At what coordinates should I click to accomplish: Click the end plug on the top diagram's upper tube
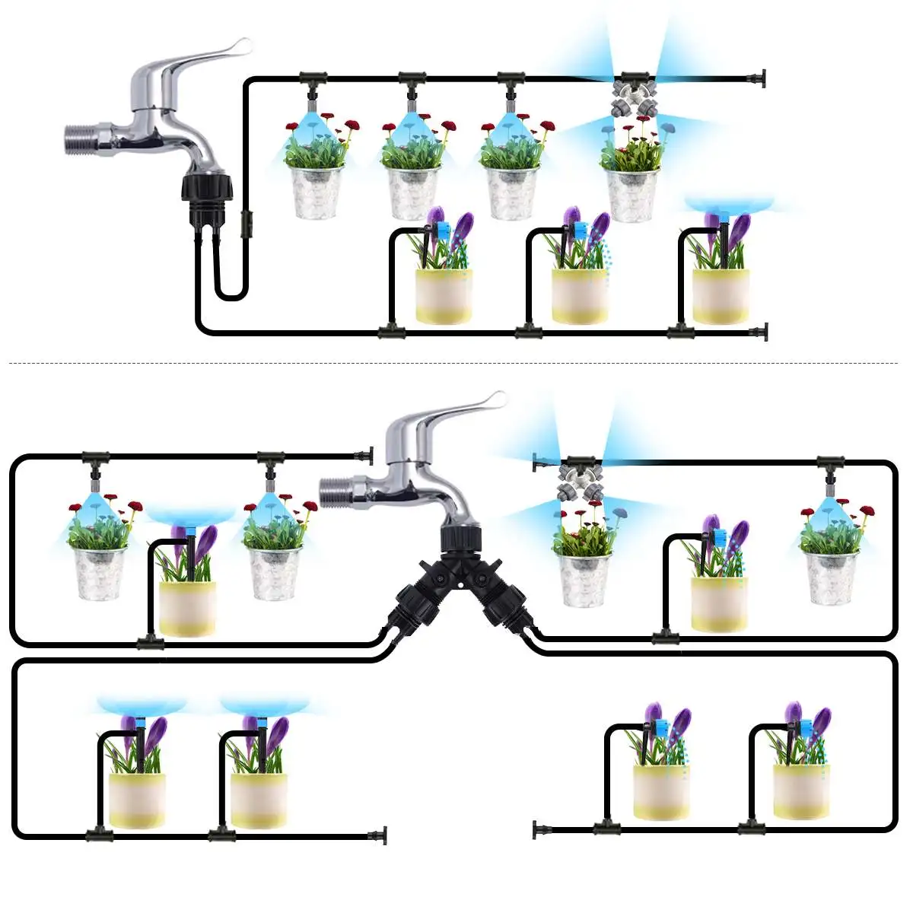click(759, 78)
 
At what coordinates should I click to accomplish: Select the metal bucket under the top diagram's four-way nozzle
click(631, 194)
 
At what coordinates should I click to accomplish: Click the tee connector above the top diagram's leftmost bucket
click(312, 78)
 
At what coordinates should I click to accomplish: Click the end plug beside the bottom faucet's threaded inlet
click(367, 456)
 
